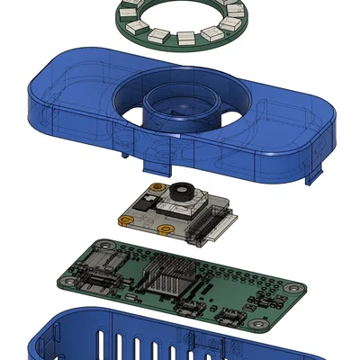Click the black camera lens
click(184, 192)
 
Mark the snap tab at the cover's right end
click(315, 175)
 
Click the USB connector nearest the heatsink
click(193, 310)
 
